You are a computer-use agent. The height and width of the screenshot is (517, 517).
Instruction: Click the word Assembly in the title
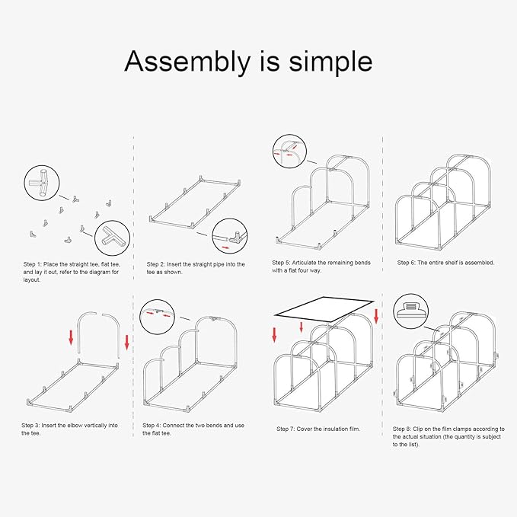point(187,62)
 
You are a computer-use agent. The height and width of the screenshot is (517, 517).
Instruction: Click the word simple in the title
point(330,62)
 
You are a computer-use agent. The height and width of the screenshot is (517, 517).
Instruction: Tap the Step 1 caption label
point(33,264)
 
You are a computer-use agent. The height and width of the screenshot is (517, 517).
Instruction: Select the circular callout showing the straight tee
point(42,183)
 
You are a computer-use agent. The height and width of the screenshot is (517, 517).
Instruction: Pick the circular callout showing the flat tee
point(112,238)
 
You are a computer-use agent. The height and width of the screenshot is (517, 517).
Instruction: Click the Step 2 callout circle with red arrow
point(230,236)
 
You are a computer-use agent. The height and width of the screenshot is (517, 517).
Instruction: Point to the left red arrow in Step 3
point(71,338)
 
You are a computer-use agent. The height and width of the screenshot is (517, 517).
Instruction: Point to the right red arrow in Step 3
point(127,342)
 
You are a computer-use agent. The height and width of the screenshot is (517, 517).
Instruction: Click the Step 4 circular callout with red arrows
point(158,318)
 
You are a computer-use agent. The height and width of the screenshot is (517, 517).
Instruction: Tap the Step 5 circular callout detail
point(290,152)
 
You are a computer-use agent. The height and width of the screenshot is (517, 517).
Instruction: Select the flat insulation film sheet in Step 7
point(324,309)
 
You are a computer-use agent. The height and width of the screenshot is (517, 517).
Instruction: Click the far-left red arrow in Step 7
point(274,335)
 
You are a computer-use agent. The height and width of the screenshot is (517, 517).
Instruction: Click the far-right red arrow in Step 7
point(376,316)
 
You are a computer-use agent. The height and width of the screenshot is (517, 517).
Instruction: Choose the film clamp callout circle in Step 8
point(411,311)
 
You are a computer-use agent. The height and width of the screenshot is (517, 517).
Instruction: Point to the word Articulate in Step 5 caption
point(304,263)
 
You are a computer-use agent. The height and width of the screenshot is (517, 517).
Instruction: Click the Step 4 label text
point(152,426)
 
